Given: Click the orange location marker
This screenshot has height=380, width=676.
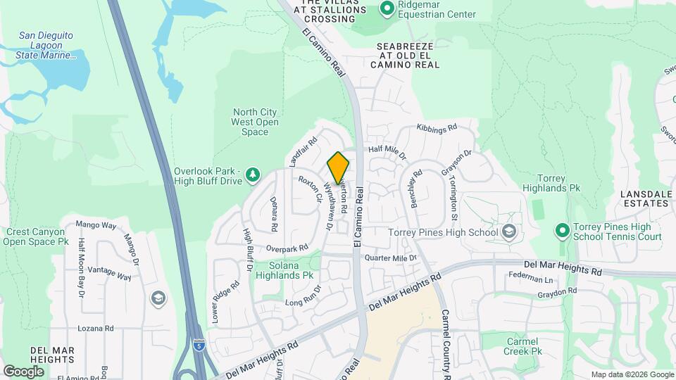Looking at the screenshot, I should [x=339, y=167].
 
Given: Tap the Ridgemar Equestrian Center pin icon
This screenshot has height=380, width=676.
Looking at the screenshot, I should [x=387, y=8].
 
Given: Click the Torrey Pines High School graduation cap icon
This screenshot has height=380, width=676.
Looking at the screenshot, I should [x=509, y=232].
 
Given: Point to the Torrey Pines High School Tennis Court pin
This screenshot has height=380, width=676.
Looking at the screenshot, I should [x=562, y=230].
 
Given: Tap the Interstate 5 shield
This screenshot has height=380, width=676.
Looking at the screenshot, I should [x=199, y=346].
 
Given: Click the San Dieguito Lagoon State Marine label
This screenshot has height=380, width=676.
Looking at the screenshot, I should [x=46, y=45].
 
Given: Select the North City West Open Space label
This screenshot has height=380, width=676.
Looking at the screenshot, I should [x=255, y=122].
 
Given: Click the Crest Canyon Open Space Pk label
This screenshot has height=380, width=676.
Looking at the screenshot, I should [x=37, y=236].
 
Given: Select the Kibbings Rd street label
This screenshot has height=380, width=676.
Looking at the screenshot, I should [x=437, y=128].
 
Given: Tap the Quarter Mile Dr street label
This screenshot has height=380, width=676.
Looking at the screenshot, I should [x=390, y=258].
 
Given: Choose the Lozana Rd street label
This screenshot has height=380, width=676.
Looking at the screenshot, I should [x=95, y=328].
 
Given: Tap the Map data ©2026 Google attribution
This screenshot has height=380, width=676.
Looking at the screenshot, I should [x=632, y=374].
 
